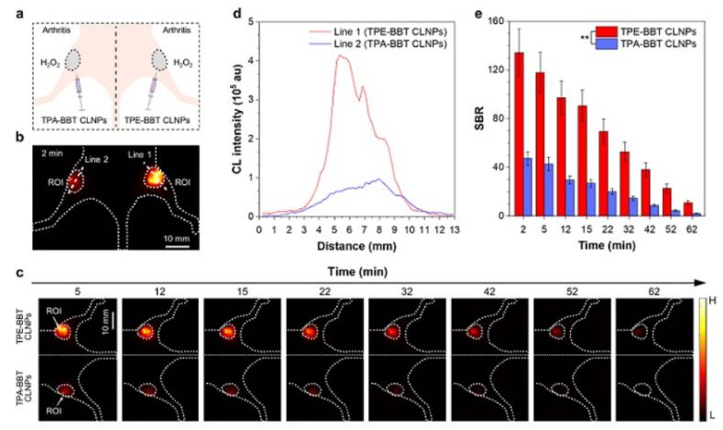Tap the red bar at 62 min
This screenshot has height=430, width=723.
(x=688, y=209)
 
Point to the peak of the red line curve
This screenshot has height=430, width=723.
(x=341, y=56)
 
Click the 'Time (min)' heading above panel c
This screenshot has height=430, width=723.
(x=358, y=271)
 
